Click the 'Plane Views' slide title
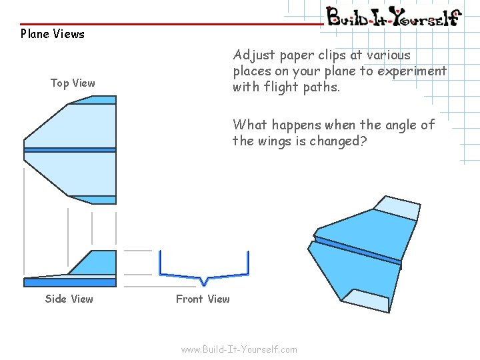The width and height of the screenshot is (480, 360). tap(53, 34)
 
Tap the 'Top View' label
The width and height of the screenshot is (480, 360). tap(73, 83)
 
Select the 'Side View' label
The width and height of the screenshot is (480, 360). tap(69, 299)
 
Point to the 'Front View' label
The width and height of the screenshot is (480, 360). tap(203, 299)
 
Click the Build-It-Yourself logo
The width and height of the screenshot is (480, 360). tap(393, 16)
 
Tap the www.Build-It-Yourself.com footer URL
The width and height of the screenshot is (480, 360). tap(239, 349)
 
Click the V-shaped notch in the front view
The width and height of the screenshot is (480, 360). tap(204, 280)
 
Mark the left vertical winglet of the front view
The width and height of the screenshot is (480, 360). tap(160, 263)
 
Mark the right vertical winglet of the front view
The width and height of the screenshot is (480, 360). tap(248, 263)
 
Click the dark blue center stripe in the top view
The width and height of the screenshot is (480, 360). tap(70, 150)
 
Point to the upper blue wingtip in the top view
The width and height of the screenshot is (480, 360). tap(97, 100)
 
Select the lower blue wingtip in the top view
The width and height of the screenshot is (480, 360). tap(97, 199)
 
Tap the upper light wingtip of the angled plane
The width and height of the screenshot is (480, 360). tap(397, 208)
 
